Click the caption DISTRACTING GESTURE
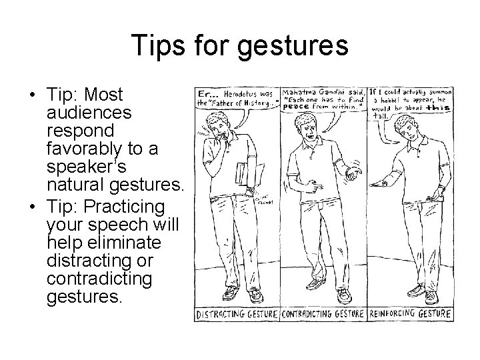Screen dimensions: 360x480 click(x=237, y=313)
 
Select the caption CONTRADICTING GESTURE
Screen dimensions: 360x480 click(x=323, y=313)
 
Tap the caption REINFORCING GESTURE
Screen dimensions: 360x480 click(x=409, y=313)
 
